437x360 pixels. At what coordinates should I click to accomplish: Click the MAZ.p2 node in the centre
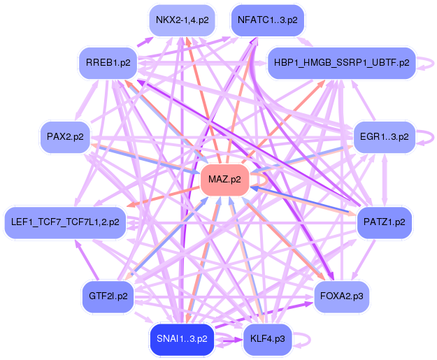coord(224,180)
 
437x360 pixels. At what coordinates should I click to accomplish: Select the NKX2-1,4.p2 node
coord(182,20)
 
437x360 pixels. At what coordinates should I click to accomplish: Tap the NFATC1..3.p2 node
coord(268,20)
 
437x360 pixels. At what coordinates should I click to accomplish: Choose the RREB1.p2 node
coord(108,63)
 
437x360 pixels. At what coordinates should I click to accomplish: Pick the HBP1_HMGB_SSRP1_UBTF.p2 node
coord(342,63)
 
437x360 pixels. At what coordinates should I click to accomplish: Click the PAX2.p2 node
coord(65,137)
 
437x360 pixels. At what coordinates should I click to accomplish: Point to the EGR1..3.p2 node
coord(385,137)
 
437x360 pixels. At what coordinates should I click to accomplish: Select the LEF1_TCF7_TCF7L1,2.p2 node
coord(65,222)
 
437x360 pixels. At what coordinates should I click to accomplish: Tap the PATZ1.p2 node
coord(385,222)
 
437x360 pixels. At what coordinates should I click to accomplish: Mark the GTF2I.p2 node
coord(108,296)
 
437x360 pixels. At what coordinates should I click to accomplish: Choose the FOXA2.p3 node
coord(342,296)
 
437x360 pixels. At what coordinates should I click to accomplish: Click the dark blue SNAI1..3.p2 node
coord(182,339)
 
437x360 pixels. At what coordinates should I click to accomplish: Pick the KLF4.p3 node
coord(268,339)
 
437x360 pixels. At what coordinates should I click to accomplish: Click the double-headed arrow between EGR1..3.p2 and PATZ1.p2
coord(385,180)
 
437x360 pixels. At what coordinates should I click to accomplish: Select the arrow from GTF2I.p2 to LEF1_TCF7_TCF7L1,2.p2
coord(87,260)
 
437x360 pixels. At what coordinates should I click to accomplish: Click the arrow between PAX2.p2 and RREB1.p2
coord(86,100)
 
